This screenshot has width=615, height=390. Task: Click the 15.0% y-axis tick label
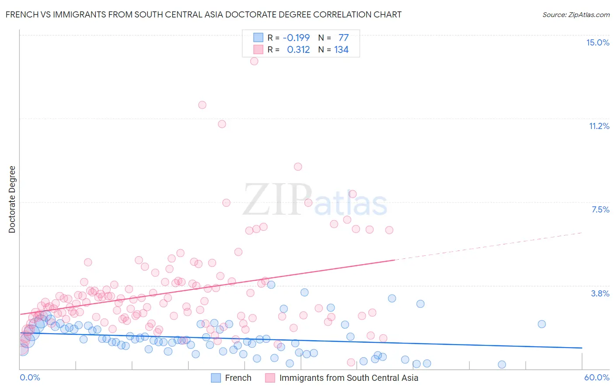click(x=598, y=42)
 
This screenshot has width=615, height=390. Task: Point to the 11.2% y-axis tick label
click(x=599, y=126)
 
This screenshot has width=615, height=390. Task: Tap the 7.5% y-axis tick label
click(x=600, y=209)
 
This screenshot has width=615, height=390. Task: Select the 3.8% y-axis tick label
click(x=600, y=293)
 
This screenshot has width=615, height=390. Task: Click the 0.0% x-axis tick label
click(x=30, y=377)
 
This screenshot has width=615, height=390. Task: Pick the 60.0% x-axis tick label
click(x=597, y=377)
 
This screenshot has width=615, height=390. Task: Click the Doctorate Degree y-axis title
click(x=12, y=199)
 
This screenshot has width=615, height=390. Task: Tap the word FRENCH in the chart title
click(x=22, y=14)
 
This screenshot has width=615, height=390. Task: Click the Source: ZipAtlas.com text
click(x=576, y=14)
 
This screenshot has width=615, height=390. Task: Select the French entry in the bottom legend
click(x=238, y=378)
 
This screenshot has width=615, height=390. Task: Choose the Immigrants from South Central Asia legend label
click(x=349, y=378)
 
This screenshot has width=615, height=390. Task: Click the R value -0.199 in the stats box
click(x=296, y=38)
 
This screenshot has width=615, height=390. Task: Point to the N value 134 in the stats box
click(x=341, y=50)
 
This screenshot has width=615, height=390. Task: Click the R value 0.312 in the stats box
click(x=298, y=50)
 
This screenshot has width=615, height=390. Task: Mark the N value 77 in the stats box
click(x=343, y=38)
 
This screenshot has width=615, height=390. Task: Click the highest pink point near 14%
click(x=254, y=61)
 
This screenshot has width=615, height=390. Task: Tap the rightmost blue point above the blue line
click(x=542, y=324)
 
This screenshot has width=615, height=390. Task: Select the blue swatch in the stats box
click(x=259, y=38)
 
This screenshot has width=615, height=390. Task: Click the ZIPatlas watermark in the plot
click(x=315, y=199)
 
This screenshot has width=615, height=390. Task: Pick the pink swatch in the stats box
click(x=259, y=50)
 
